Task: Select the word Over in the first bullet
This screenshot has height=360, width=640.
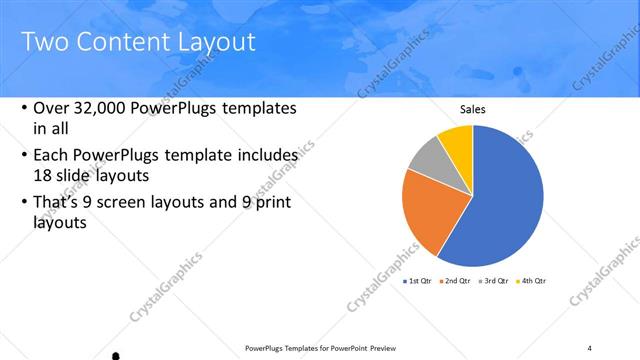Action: [51, 108]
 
